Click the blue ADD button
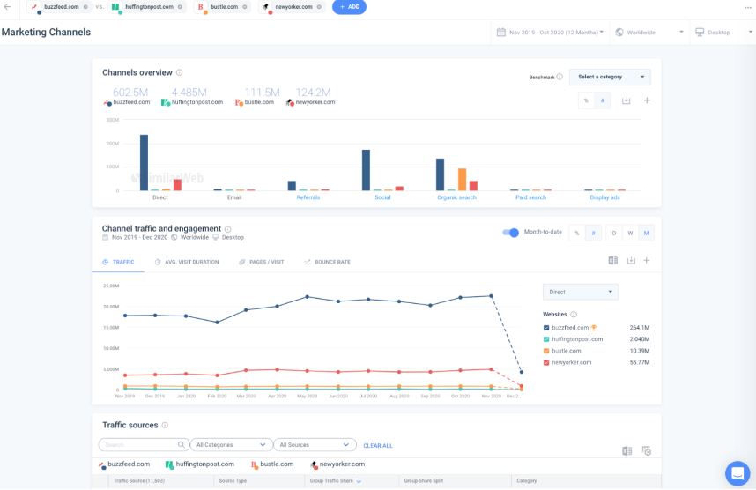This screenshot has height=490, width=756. pos(349,7)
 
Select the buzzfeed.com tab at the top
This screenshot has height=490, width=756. pos(58,7)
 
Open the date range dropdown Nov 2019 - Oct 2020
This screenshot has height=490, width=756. pos(551,33)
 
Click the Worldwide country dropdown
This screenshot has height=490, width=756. pos(649,33)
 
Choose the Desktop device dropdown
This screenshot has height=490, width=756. pos(721,33)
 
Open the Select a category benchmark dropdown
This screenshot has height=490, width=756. pos(610,77)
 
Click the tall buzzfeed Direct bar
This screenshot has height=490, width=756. pos(144,162)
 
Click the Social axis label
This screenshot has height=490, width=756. pos(382,197)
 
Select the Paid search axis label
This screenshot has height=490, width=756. pos(530,197)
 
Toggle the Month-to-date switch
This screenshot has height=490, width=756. pos(510,233)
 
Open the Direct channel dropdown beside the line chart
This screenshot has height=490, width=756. pos(580,292)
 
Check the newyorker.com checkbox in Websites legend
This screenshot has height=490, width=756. pos(546,362)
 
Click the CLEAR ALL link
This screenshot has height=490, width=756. pos(378,445)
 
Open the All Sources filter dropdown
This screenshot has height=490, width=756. pos(315,445)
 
